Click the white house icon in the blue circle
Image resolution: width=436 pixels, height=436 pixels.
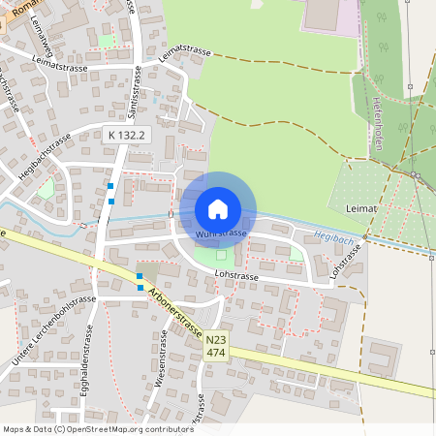218,208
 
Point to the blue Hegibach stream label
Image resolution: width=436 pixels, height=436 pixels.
335,234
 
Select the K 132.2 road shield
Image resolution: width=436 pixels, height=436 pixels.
126,136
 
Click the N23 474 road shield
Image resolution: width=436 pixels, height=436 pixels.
216,346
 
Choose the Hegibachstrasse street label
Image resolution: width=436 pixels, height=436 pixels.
46,156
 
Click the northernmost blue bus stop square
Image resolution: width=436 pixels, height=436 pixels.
111,186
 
